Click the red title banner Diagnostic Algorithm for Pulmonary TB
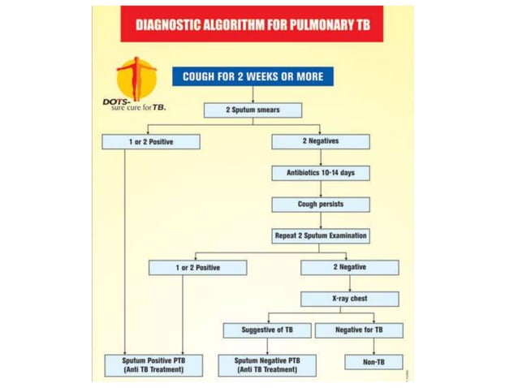tap(251, 24)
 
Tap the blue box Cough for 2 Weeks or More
tap(253, 77)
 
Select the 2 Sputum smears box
tap(253, 110)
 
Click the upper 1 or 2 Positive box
tap(150, 141)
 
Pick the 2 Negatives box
tap(320, 141)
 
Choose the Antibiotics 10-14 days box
tap(320, 173)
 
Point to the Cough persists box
tap(320, 205)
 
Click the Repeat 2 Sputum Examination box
tap(320, 236)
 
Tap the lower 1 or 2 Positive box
tap(197, 267)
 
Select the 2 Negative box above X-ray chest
tap(349, 267)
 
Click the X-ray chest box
tap(349, 299)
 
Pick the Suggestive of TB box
tap(267, 330)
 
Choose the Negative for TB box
tap(358, 330)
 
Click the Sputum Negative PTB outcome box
tap(267, 364)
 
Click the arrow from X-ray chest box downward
tap(349, 310)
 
